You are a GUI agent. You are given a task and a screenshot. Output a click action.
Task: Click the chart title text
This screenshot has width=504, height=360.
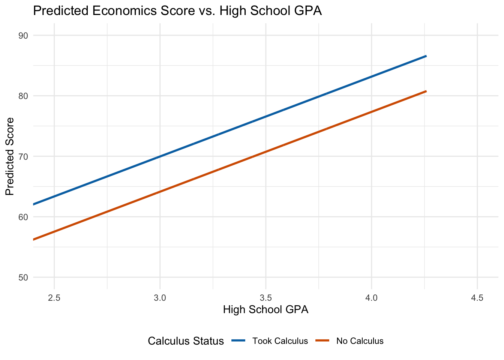tap(177, 11)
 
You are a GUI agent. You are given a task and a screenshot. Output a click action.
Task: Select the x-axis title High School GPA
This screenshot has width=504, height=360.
tap(265, 310)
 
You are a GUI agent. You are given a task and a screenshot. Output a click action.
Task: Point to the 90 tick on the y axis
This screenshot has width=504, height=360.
tap(23, 36)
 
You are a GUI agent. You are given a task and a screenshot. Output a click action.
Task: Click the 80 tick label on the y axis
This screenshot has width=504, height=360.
tap(23, 96)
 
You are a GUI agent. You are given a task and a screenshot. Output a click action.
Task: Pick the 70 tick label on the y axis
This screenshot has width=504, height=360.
tap(23, 156)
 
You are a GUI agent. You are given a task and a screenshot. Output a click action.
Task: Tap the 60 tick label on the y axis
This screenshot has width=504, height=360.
tap(23, 217)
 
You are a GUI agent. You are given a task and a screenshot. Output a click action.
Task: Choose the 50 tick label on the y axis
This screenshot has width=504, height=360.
tap(23, 277)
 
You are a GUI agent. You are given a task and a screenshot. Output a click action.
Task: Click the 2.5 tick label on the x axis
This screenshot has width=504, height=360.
tap(54, 298)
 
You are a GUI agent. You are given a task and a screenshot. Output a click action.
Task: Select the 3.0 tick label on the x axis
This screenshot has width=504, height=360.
tap(160, 298)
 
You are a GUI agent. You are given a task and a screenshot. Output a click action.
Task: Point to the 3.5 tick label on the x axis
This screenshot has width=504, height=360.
tap(265, 298)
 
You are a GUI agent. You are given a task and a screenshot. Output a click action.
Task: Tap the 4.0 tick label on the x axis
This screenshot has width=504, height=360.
tap(371, 298)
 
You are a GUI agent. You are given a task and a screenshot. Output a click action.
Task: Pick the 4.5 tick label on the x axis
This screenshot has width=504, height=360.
tap(477, 298)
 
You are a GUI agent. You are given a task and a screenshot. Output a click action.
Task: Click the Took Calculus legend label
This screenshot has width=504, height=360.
tap(280, 341)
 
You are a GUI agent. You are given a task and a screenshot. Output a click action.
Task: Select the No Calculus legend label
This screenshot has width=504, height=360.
tap(360, 341)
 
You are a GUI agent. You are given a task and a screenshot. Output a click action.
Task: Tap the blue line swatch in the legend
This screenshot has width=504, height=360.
tap(238, 341)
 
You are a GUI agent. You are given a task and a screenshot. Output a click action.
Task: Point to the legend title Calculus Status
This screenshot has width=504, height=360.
tap(186, 341)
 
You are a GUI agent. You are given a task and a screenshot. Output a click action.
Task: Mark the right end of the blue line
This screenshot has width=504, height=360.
tap(426, 56)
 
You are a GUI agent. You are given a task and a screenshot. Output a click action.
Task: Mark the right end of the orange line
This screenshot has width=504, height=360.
tap(426, 91)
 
